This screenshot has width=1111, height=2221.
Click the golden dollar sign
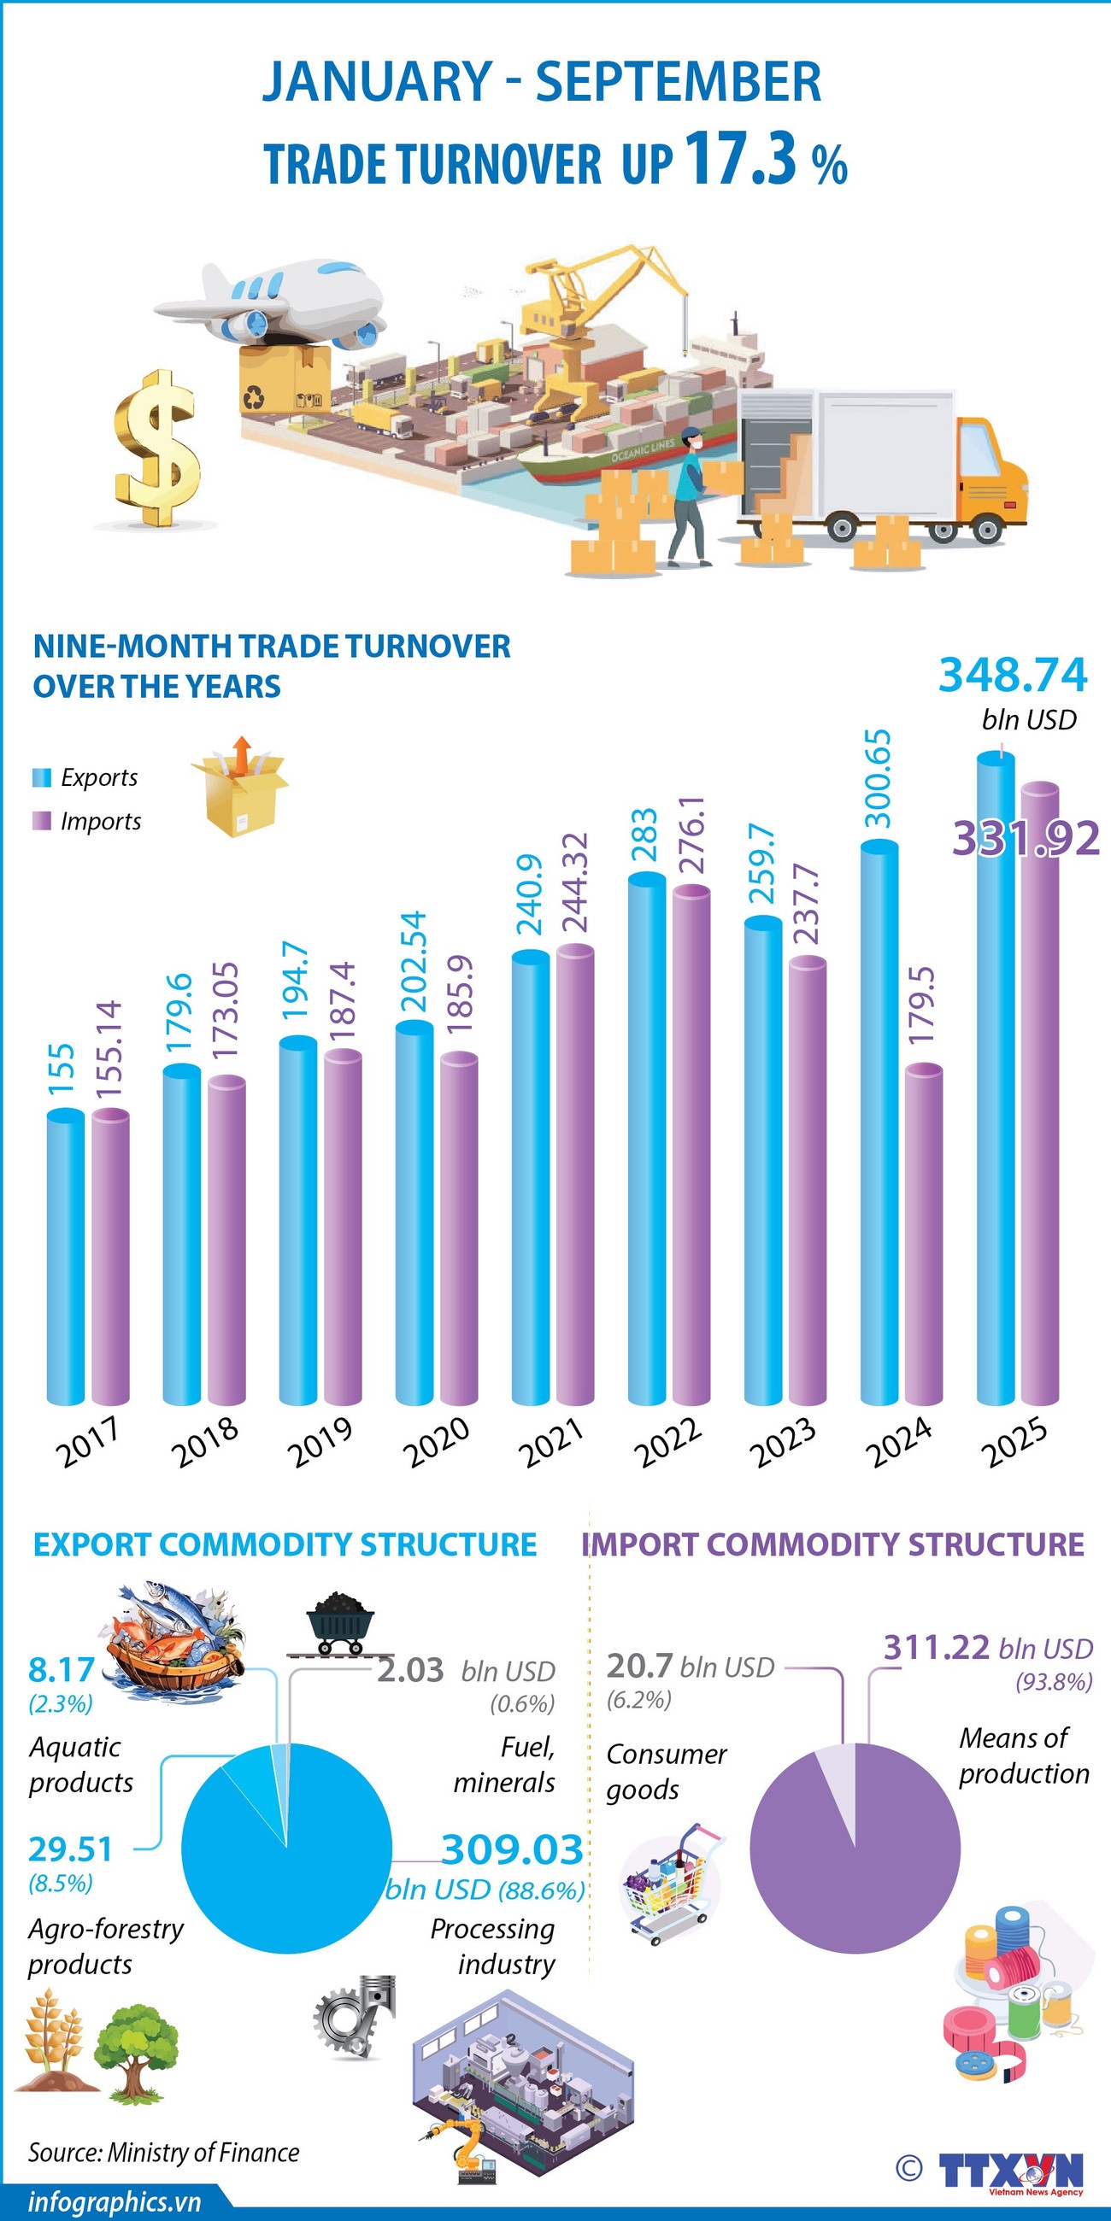pos(157,448)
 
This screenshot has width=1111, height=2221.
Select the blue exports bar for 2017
pos(66,1259)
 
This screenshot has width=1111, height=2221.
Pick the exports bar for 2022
pos(647,1138)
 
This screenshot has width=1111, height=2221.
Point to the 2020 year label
pos(437,1442)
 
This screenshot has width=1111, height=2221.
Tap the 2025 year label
pos(1014,1442)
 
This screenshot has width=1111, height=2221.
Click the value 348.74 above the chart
pos(1013,674)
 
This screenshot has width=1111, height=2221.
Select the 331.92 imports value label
pos(1026,838)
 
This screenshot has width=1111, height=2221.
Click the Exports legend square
pos(41,777)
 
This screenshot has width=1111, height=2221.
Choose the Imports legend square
pos(41,821)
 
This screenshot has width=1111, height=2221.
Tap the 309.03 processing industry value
pos(512,1849)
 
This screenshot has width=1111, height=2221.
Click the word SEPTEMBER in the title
pos(678,82)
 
